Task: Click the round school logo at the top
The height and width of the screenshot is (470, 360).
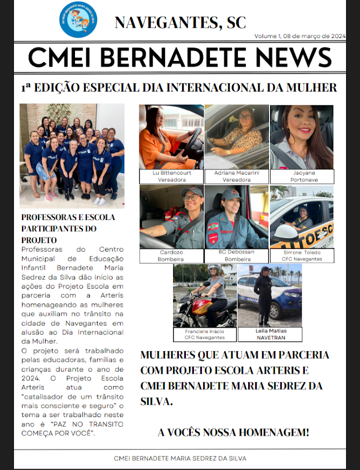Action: point(78,19)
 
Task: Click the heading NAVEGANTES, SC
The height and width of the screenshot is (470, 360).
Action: point(180,22)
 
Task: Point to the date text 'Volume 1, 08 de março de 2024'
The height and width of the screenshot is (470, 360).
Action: point(300,36)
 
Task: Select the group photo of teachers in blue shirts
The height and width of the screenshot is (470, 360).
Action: point(72,156)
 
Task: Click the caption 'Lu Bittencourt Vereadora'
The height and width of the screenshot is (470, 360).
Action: point(171,177)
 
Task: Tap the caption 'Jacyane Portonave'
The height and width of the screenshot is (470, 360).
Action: point(302,177)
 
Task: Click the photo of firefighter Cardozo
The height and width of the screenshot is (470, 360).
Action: point(171,216)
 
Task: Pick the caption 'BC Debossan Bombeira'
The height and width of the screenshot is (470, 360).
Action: point(236,255)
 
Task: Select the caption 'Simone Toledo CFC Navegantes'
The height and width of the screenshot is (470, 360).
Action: point(302,255)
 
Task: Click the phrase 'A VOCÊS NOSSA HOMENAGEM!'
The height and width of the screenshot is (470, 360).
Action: point(233,432)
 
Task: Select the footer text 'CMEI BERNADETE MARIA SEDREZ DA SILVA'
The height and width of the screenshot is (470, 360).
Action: point(180,459)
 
